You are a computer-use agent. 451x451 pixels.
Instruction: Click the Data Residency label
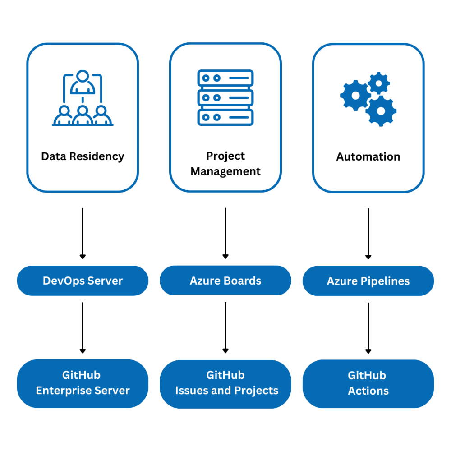[83, 156]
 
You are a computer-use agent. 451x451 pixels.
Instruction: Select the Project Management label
[225, 164]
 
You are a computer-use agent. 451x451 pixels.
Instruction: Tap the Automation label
[368, 157]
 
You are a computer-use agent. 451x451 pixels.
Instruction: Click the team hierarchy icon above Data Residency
[83, 98]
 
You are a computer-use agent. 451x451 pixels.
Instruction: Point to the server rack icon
[225, 97]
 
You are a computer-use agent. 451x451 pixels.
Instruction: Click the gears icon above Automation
[368, 98]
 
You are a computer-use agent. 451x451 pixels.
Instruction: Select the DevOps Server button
[83, 281]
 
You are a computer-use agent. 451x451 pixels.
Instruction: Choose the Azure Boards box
[225, 281]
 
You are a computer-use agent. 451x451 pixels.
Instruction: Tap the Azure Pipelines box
[368, 281]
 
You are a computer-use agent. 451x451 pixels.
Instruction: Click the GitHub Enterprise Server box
[83, 383]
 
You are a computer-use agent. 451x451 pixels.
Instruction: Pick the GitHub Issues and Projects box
[225, 383]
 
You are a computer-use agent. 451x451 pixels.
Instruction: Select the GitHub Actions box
[368, 383]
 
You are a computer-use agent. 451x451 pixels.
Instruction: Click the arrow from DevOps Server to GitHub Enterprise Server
[83, 327]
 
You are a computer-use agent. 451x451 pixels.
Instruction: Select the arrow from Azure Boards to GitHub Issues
[225, 327]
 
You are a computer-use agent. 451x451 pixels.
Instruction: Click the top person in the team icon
[83, 81]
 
